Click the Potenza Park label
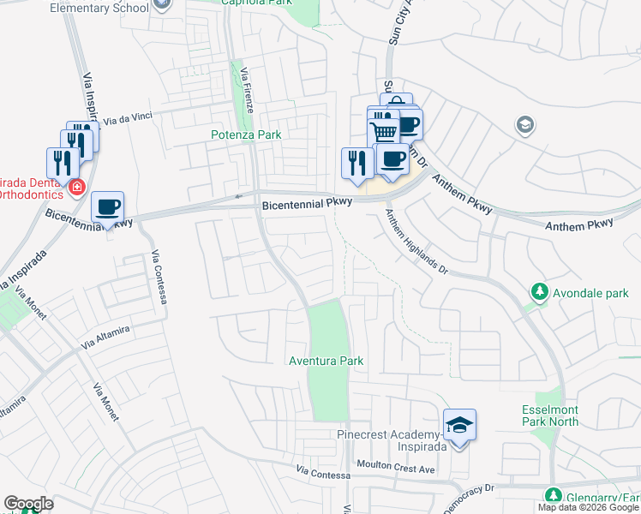click(x=246, y=134)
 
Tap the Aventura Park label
click(x=326, y=361)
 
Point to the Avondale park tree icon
click(x=539, y=291)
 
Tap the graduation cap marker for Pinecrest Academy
click(x=460, y=425)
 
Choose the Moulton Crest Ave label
click(x=403, y=469)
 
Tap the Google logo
click(x=28, y=504)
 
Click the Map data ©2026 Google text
click(x=588, y=507)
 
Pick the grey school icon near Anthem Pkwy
click(x=524, y=126)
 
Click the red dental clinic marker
click(x=77, y=187)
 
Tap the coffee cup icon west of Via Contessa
click(x=108, y=206)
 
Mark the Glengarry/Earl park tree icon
click(x=553, y=496)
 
